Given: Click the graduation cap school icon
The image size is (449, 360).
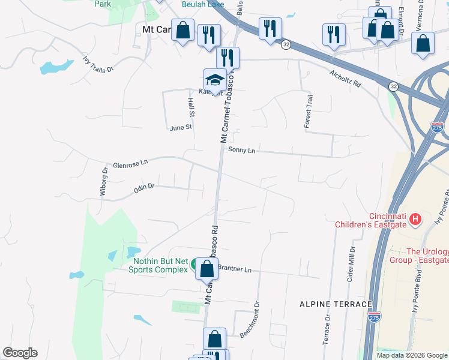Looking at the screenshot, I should pos(215,79).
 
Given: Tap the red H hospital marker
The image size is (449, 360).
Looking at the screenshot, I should pos(415,220).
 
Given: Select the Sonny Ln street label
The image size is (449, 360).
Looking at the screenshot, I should pos(241,151).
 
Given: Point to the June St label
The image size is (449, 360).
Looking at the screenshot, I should pos(180,128).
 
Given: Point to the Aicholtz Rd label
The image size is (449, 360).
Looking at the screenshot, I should pos(345,79).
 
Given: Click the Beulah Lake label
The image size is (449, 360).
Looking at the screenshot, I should pos(203,4).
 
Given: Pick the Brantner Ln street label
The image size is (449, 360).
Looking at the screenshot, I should pos(234,269).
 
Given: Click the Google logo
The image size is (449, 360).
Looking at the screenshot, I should pos(20,353).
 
